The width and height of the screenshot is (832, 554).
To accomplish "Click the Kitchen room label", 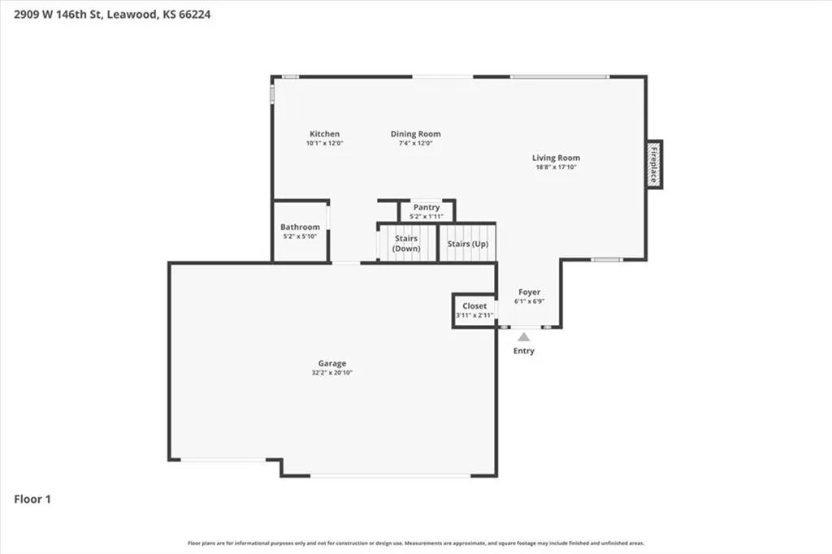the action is pos(324,134).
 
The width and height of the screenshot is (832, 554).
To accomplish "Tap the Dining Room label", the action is pos(415,134).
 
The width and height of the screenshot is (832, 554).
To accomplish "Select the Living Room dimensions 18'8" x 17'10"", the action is pos(556,167).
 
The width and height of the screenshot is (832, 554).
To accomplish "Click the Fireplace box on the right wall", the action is pos(654,165).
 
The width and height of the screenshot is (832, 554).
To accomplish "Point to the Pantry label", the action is pos(427,207).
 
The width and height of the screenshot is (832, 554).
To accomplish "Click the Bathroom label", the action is pos(300,227).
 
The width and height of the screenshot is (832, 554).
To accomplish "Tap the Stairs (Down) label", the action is pos(406,244).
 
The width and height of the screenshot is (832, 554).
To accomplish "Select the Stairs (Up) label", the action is pos(467,244).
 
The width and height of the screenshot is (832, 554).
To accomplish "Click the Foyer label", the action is pos(529,292).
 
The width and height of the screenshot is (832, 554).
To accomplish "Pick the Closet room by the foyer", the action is pos(474,311).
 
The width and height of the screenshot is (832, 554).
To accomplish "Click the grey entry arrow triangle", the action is pos(524,337).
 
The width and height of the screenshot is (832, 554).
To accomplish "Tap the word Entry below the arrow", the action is pos(524,351).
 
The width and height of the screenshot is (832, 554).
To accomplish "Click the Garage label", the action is pos(332,363).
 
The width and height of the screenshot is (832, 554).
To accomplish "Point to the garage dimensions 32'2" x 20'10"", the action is pos(332,373).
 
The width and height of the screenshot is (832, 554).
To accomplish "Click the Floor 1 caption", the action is pos(32,499).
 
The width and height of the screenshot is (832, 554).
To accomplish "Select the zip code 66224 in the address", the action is pos(194,15).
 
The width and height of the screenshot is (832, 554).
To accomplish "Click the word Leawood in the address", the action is pos(132,15).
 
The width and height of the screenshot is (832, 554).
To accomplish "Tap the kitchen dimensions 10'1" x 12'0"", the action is pos(324,143).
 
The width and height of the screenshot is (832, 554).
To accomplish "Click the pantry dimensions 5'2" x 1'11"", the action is pos(426,217).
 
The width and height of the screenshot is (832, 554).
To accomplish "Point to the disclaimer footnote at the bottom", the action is pos(416,543).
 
